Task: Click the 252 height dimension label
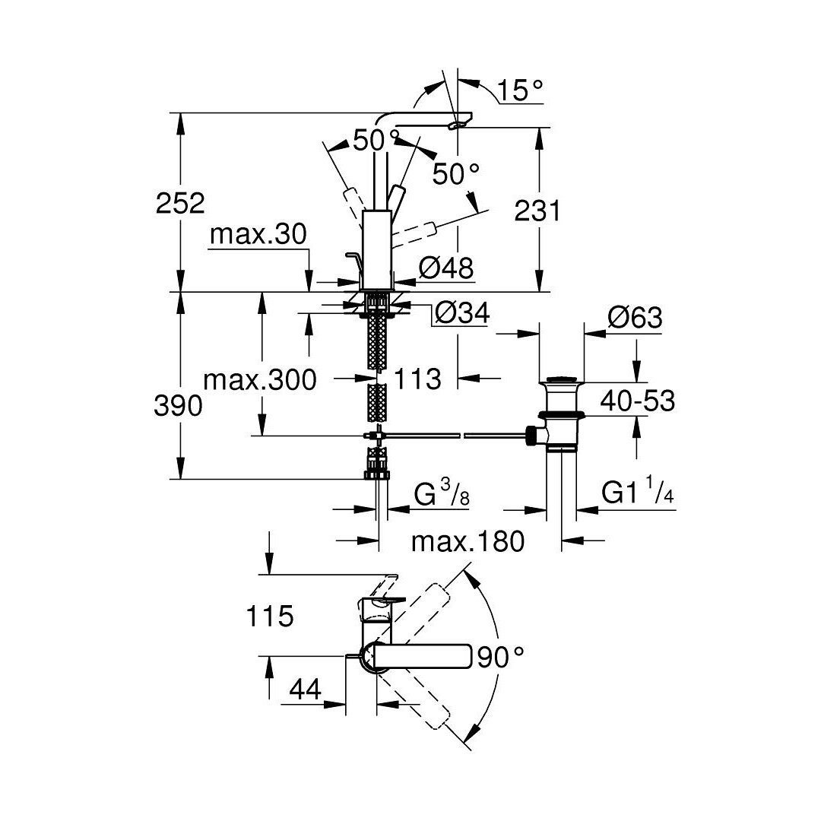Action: point(180,203)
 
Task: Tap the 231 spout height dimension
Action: point(537,211)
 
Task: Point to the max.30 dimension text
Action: point(258,235)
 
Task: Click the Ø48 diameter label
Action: point(446,268)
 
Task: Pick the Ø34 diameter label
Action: point(462,313)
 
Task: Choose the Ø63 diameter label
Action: point(635,317)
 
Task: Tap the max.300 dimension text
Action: point(260,379)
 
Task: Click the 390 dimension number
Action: point(178,405)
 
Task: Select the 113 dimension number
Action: point(417,379)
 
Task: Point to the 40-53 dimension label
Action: point(637,401)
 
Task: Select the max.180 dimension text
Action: point(468,541)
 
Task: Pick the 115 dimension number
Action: point(270,616)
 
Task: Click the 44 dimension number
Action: point(305,689)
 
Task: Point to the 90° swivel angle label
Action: point(500,657)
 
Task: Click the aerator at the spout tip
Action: point(458,125)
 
